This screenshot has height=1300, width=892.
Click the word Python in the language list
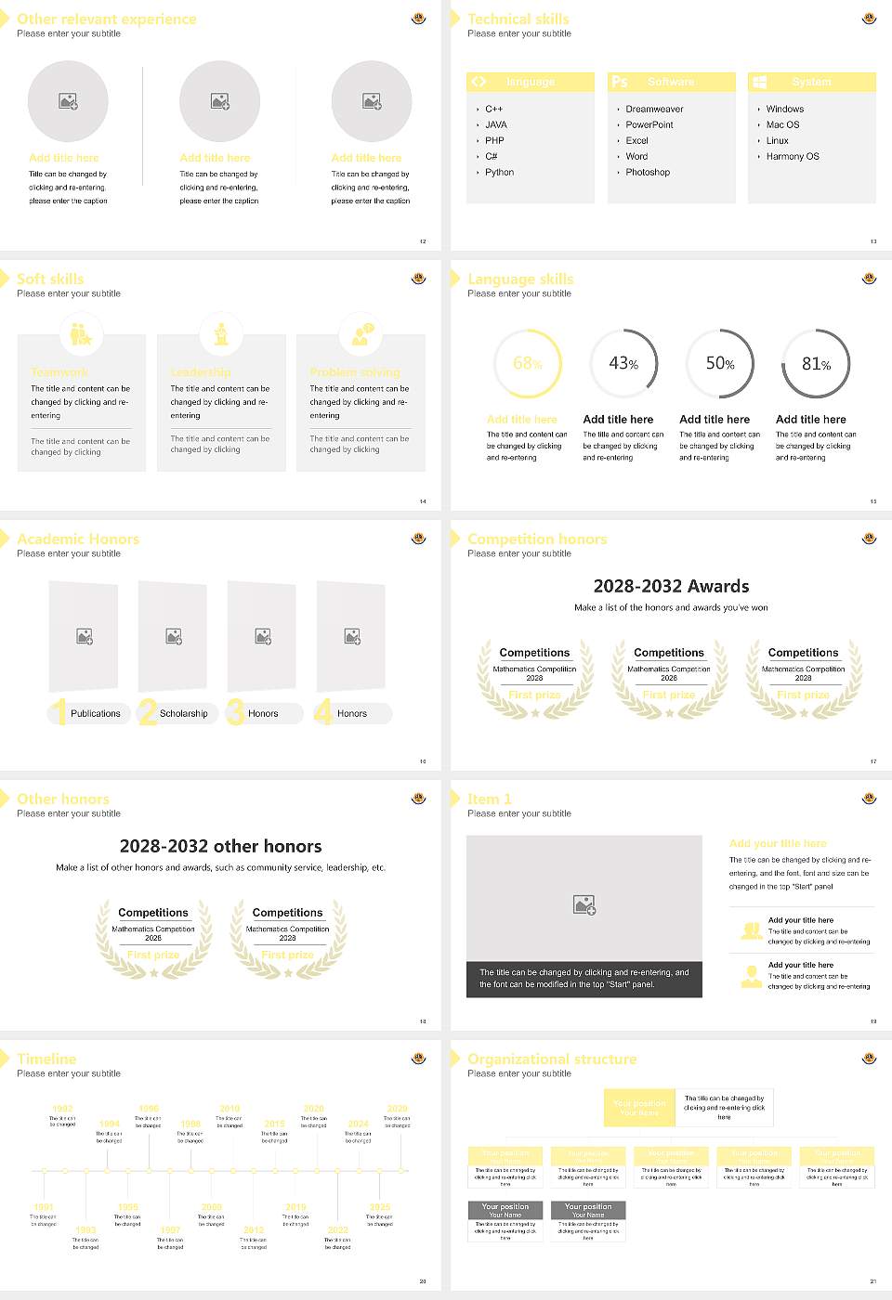[x=499, y=173]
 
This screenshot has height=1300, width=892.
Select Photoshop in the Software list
[x=648, y=173]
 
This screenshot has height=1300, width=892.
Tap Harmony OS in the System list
[x=793, y=157]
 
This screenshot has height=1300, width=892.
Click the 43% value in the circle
[x=623, y=364]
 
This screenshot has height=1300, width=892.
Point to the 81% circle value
[x=816, y=364]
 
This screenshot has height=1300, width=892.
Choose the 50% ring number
[x=720, y=364]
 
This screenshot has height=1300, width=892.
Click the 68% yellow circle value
[x=527, y=364]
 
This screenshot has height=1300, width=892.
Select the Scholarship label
[x=183, y=714]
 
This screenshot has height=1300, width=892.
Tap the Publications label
[x=96, y=714]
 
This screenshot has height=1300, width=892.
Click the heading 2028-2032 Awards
[x=671, y=587]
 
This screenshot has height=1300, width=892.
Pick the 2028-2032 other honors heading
[x=221, y=847]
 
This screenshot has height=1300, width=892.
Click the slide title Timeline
[x=46, y=1059]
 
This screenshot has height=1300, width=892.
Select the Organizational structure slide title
[x=552, y=1059]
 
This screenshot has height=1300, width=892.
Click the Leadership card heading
[x=201, y=372]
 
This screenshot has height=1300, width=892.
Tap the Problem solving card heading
[x=355, y=372]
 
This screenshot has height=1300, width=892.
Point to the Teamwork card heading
[x=59, y=372]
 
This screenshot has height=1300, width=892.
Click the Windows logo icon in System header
[x=760, y=82]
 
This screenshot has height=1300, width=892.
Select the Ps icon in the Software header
[x=620, y=82]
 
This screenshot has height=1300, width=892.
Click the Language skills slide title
[x=520, y=279]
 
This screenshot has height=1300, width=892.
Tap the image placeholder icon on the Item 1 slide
[x=584, y=904]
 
